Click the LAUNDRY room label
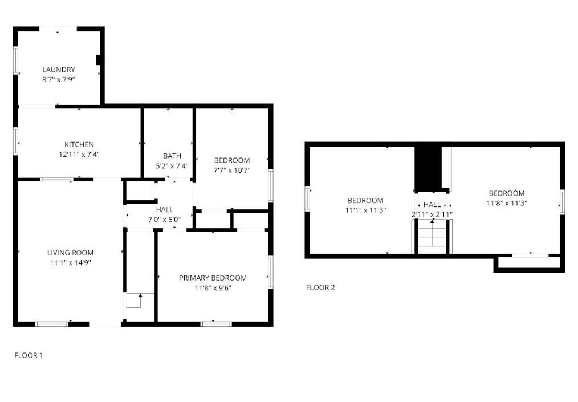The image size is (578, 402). pos(59,70)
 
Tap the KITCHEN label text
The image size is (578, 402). pos(79,144)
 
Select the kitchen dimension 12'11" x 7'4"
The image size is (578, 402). pos(79,154)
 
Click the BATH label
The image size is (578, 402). pos(172,156)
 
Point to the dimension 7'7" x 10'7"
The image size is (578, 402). pos(232,170)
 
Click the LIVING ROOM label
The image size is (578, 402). pos(71,253)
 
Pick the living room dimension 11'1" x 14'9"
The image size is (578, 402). pos(71,263)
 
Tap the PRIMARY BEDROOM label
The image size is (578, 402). pos(213,278)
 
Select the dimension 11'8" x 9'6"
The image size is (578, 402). pos(213,287)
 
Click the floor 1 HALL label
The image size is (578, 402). pos(164,209)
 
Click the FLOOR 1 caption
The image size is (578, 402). pos(29,355)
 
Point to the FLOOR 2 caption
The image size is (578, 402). pos(321,287)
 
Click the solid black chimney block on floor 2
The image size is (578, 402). pos(428,169)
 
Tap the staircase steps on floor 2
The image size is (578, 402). pos(432,237)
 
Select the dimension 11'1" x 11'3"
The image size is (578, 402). pos(366,210)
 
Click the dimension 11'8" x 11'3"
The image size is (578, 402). pos(507,203)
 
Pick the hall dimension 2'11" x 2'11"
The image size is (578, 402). pos(432,214)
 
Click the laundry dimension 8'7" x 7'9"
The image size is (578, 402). pos(59,79)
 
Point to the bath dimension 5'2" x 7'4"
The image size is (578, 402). pos(172,166)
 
